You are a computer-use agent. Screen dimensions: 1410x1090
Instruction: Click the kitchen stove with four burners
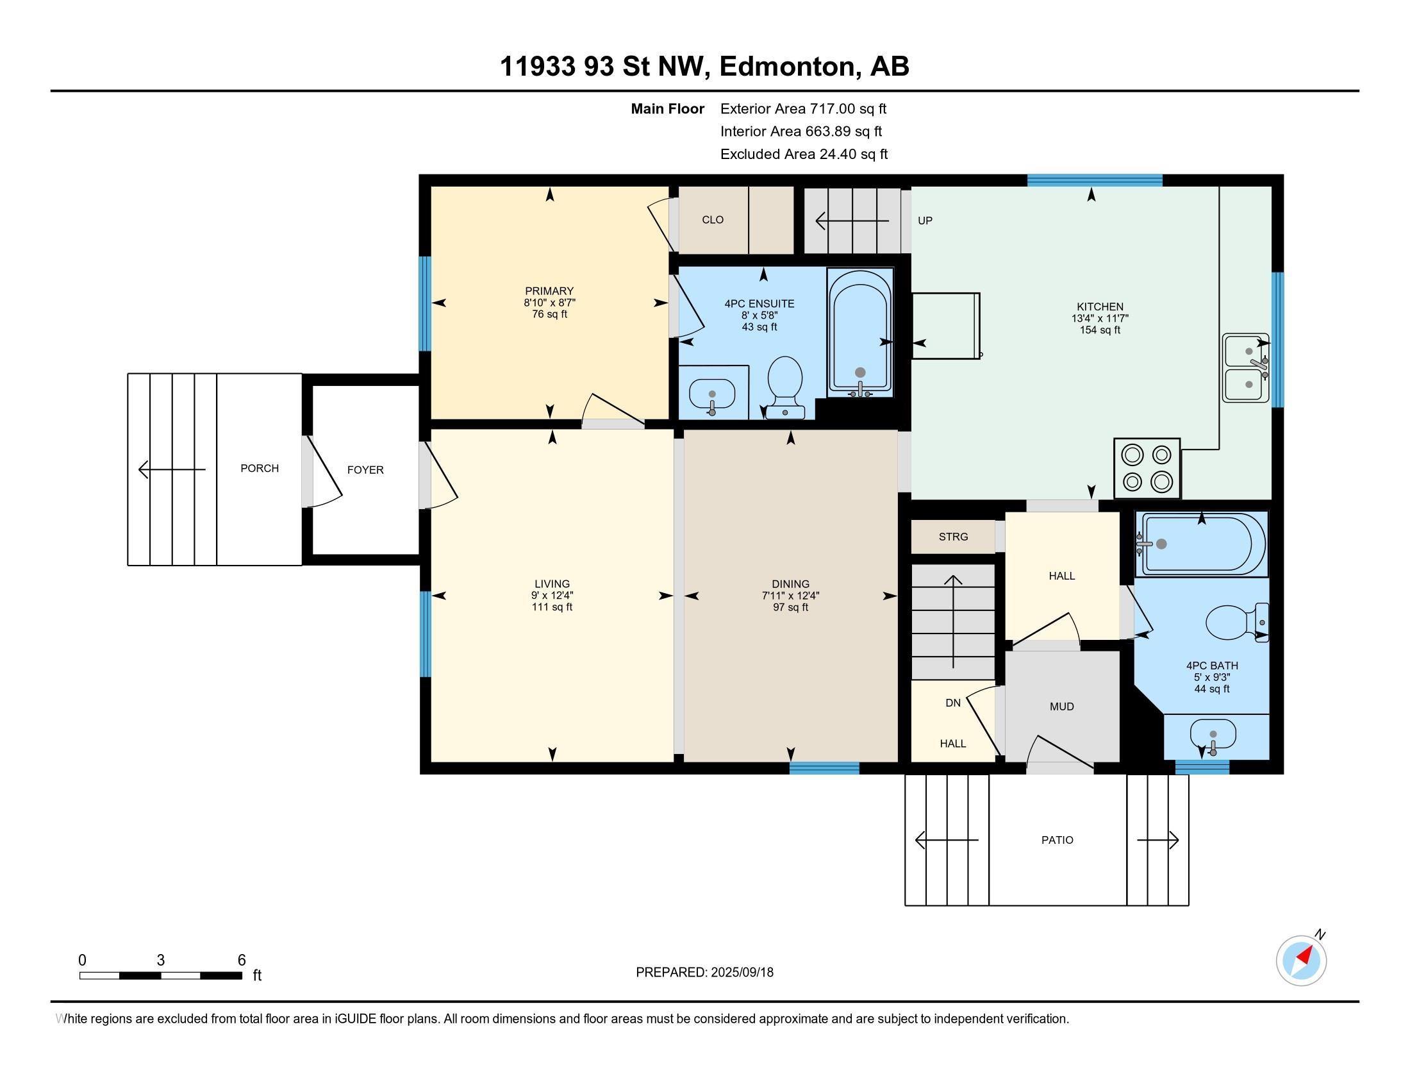click(x=1147, y=468)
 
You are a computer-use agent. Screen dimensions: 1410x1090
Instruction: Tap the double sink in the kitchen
click(x=1246, y=368)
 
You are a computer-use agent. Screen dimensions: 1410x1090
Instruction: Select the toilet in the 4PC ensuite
click(x=785, y=387)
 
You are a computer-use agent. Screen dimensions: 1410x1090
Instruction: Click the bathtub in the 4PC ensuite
click(x=860, y=333)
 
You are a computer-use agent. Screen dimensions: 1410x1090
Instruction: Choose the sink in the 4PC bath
click(x=1213, y=736)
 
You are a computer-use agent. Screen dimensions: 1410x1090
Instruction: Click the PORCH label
click(x=260, y=468)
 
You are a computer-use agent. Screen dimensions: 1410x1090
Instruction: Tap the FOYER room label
click(x=365, y=470)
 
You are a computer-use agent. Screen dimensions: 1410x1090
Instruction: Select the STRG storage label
click(x=954, y=537)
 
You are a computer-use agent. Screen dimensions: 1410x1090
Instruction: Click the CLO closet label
click(x=713, y=219)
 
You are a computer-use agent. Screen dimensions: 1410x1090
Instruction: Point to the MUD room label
click(x=1062, y=707)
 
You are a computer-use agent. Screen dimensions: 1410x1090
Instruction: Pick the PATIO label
click(x=1057, y=840)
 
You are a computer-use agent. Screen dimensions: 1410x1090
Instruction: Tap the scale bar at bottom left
click(x=161, y=975)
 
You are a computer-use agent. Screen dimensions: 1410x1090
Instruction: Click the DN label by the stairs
click(x=953, y=703)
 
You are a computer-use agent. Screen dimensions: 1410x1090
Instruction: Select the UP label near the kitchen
click(x=925, y=221)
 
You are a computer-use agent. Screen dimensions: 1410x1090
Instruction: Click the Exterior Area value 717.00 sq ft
click(x=849, y=108)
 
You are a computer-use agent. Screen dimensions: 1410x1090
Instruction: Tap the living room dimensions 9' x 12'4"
click(x=552, y=596)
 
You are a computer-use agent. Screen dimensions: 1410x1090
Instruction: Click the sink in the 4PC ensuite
click(x=712, y=394)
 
